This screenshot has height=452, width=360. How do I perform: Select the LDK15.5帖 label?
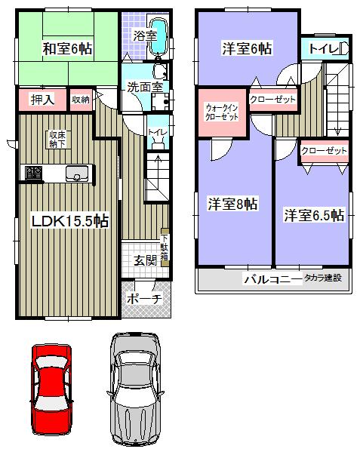coord(69,220)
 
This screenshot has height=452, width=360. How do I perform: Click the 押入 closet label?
coord(40,100)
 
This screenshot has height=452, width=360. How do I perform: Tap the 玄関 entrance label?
coord(145,261)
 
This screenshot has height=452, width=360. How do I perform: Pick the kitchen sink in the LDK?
coord(76,173)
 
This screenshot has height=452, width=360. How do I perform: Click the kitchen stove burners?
coord(34,173)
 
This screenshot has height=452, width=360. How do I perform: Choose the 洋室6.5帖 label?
coord(314,215)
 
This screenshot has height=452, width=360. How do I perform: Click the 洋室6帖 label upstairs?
coord(247,48)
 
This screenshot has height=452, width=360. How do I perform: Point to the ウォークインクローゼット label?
coord(223,112)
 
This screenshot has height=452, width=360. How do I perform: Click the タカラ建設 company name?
coord(322,279)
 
